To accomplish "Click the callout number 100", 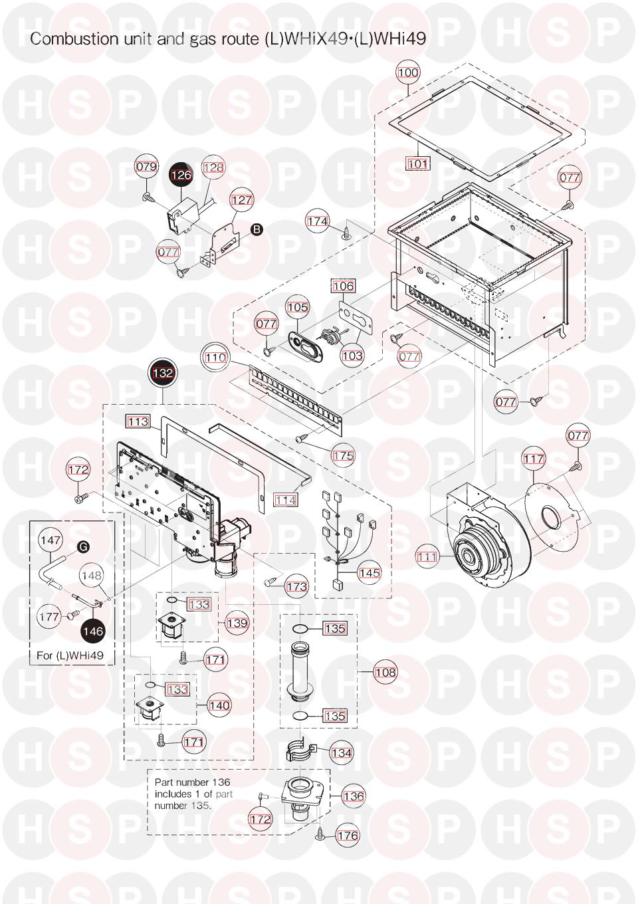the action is coord(408,72).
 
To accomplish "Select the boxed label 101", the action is coord(417,164).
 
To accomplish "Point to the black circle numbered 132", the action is coord(163,373).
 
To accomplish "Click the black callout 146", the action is coord(94,631).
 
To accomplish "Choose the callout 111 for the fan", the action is coord(427,557).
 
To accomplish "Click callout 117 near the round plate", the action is coord(534,459).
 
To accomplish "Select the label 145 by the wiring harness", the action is coord(370,573).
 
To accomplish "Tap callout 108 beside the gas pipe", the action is coord(385,672).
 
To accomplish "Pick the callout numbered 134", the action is coord(342,752).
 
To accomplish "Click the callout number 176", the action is coord(348,835).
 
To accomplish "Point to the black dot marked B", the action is coord(257,229).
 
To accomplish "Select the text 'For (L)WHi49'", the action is coord(70,655).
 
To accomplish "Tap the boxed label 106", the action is coord(344,286).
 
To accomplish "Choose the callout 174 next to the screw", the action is coord(318,221).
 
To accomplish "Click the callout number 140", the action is coord(219,705).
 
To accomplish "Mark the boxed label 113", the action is coord(138,421).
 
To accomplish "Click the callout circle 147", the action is coord(51,540).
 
